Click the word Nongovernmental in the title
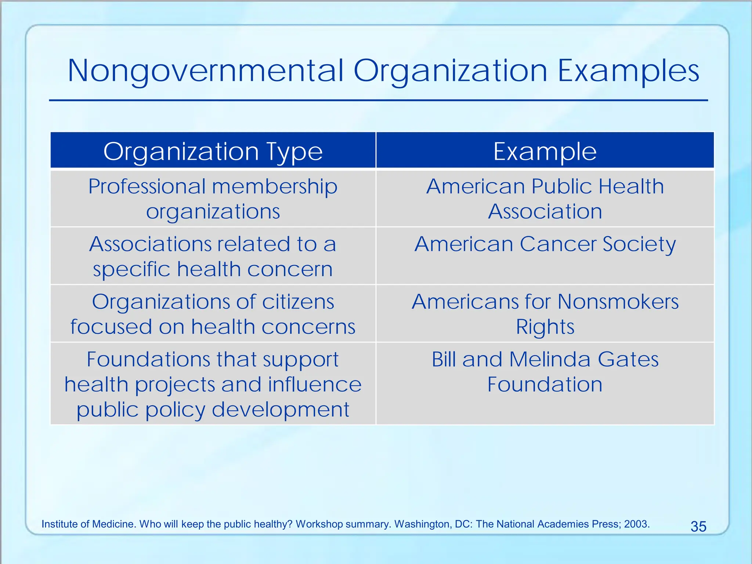click(206, 71)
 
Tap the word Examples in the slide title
click(628, 71)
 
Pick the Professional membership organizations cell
click(213, 199)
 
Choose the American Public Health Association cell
click(545, 199)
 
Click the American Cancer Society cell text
click(545, 244)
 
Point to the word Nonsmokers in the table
click(618, 302)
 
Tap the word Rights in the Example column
click(545, 327)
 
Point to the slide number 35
click(698, 527)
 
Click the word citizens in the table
click(298, 302)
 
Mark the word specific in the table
click(131, 270)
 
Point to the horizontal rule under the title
click(378, 100)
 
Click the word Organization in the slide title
click(451, 71)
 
